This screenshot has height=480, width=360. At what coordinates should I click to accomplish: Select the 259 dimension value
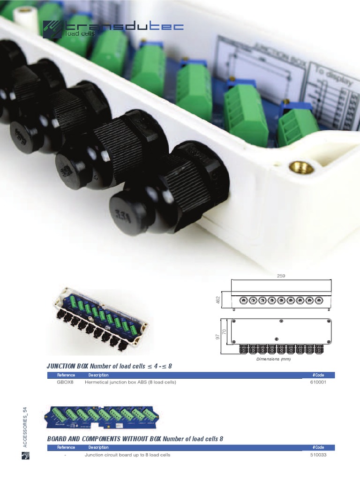coord(281,276)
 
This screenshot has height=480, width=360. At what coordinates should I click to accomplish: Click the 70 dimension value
coord(224,331)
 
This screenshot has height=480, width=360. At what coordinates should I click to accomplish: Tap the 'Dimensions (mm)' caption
coord(273,360)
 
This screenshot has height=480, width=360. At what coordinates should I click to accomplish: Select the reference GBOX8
coord(65,382)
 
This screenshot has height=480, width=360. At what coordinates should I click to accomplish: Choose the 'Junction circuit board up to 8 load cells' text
coord(127,455)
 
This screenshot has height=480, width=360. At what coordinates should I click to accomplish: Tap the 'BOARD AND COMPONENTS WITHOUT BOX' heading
coord(104,439)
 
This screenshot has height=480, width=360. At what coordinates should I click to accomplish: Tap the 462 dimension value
coord(218,299)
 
